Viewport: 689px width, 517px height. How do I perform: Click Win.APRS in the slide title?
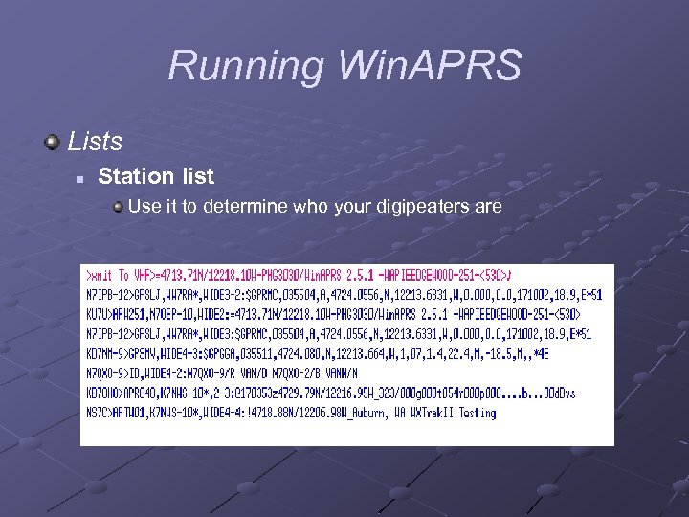point(429,67)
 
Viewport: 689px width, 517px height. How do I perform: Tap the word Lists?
point(95,142)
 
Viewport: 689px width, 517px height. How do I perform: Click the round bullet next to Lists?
point(52,142)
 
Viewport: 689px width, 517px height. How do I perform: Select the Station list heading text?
point(156,176)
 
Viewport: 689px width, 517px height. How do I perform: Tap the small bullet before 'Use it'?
point(117,206)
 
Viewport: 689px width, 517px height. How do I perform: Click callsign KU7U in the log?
point(99,314)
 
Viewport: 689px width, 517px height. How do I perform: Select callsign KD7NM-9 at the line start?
point(106,353)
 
